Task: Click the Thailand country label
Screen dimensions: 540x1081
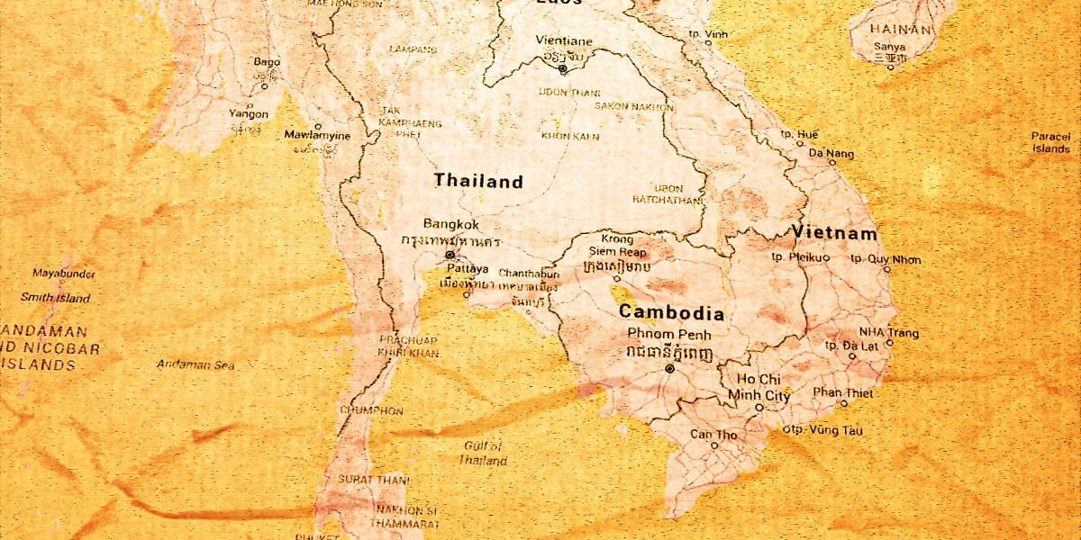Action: click(477, 182)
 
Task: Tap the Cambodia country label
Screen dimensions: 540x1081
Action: click(671, 314)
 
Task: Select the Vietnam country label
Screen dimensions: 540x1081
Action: click(834, 234)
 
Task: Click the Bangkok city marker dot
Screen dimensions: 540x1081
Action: click(450, 255)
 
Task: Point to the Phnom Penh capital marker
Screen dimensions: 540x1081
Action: click(668, 369)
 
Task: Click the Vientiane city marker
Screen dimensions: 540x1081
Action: click(563, 68)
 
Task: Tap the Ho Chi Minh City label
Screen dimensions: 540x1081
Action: click(759, 387)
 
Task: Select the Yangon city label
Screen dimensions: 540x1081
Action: click(248, 114)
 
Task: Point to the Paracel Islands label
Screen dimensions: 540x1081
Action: click(1050, 142)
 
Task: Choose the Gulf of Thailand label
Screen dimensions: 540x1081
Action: click(483, 453)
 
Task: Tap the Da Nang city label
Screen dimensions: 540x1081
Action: click(831, 154)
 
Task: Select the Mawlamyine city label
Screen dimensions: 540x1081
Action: click(317, 136)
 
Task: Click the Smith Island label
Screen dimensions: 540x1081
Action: click(56, 298)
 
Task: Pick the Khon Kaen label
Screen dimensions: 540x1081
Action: click(570, 136)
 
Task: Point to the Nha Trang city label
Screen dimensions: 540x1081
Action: click(888, 333)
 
